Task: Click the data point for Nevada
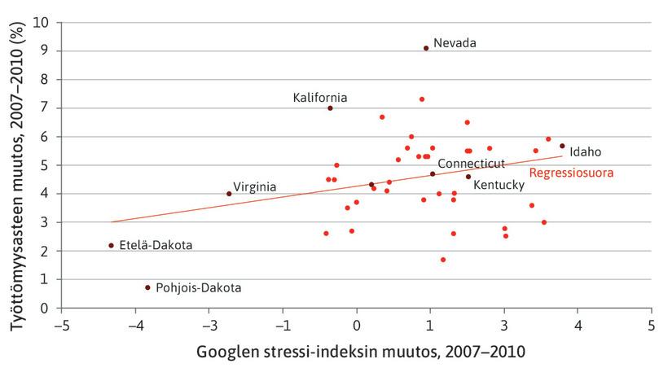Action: [426, 48]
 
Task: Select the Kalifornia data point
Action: [330, 107]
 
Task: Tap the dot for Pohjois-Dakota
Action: [147, 287]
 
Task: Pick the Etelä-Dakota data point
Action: [111, 245]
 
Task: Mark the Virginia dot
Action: [229, 194]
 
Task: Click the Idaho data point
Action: [562, 147]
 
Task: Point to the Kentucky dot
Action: [468, 177]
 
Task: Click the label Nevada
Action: [455, 42]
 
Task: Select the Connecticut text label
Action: [472, 164]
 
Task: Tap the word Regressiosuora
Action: [571, 173]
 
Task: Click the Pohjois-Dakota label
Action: [198, 287]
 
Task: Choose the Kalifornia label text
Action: [320, 98]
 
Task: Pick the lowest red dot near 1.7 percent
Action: [443, 260]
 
